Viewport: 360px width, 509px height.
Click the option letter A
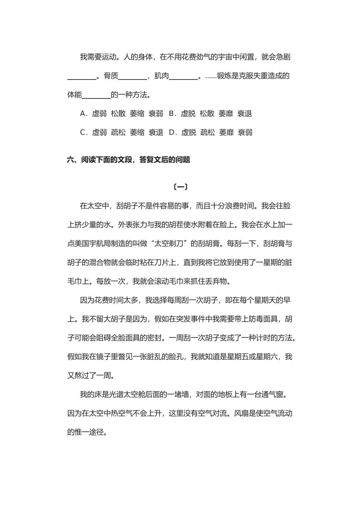[83, 114]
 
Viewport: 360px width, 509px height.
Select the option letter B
[171, 114]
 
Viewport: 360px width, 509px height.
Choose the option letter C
[83, 133]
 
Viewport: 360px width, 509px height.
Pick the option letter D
[172, 133]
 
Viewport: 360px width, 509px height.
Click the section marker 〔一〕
[180, 187]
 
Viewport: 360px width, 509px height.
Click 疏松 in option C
[118, 133]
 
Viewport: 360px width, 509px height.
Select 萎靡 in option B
[226, 114]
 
